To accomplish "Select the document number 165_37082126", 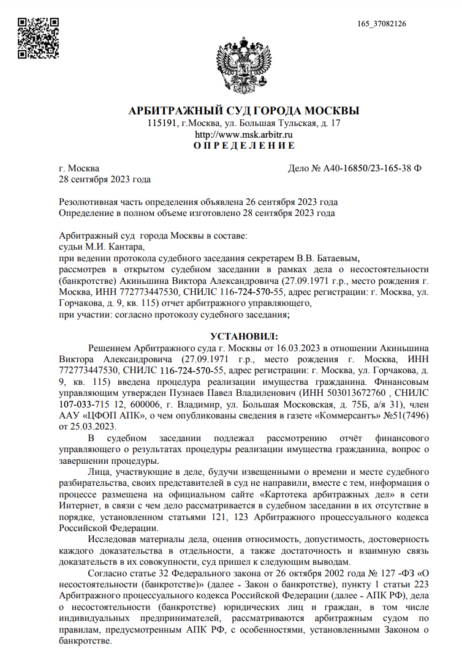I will (381, 24).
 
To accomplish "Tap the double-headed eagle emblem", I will (243, 65).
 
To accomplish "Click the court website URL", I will (243, 134).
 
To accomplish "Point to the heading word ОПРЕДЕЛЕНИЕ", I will (244, 146).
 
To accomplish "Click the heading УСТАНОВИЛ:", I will (244, 336).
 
